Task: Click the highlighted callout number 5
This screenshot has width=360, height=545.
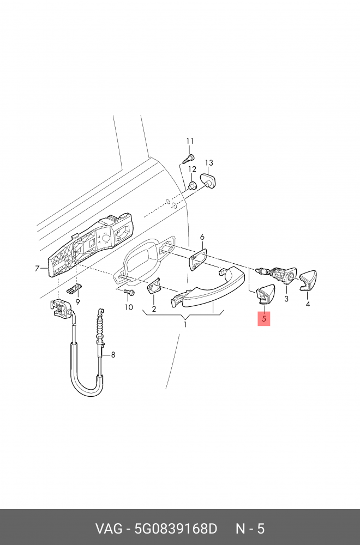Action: point(264,318)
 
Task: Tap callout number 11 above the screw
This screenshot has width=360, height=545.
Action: point(190,141)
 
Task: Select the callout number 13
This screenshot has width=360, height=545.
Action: point(209,162)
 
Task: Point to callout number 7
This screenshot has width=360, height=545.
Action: point(37,268)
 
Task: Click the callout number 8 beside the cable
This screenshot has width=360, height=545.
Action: point(113,355)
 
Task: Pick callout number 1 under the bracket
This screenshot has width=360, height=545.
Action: point(185,325)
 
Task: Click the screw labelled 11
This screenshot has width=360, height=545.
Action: point(188,159)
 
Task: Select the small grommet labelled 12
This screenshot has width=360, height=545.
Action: point(192,185)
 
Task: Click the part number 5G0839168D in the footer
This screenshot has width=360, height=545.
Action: point(176,529)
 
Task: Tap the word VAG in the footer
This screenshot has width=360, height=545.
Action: point(109,529)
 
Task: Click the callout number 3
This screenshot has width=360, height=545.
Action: point(286,299)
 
